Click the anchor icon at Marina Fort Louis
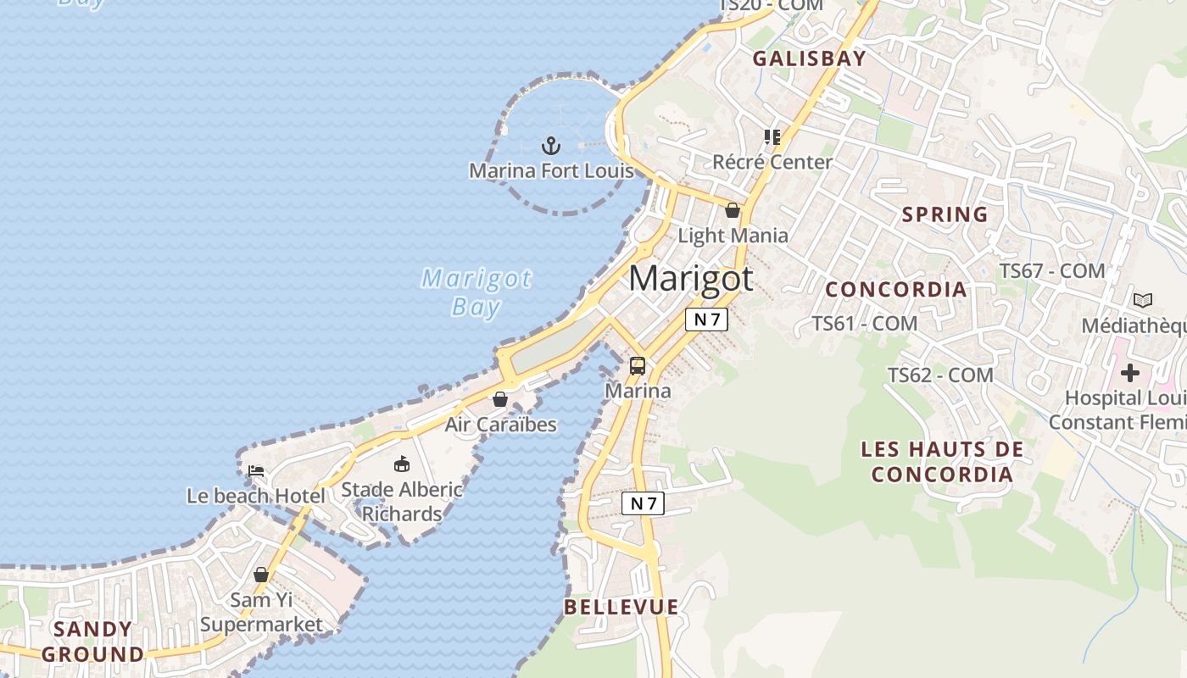pos(551,146)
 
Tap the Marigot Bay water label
pos(476,292)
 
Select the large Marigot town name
pos(691,279)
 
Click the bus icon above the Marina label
pos(638,366)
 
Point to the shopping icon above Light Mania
pos(733,210)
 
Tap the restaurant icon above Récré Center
pos(772,136)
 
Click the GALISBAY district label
pos(809,58)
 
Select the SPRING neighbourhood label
pos(945,214)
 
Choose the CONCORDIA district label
pos(896,289)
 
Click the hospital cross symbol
pos(1129,372)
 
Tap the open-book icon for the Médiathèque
pos(1143,300)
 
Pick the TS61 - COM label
pos(865,323)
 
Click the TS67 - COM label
pos(1052,271)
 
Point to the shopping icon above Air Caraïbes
pos(500,398)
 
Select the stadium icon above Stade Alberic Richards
pos(402,464)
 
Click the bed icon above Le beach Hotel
pos(256,470)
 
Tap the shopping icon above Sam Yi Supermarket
pos(261,575)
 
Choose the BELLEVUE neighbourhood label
pos(621,607)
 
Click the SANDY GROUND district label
pos(93,642)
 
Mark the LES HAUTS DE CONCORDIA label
pos(942,461)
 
